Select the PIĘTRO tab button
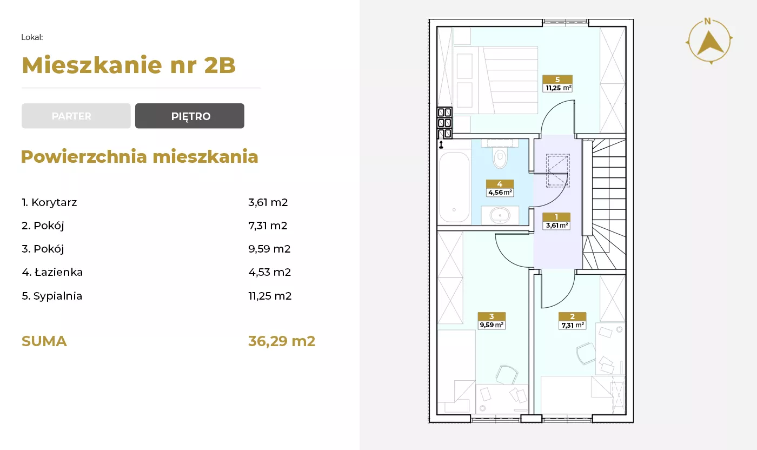pos(190,116)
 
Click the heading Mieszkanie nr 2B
pos(129,65)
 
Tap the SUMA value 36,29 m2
pos(282,341)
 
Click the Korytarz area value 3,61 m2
pos(268,202)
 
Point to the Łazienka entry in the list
pos(52,272)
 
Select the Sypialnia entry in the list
pos(52,296)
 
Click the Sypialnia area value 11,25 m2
pos(270,296)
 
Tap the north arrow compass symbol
pos(709,41)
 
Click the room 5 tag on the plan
pos(557,83)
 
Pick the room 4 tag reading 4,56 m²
pos(500,188)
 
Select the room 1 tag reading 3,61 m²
pos(556,221)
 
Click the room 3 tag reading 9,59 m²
pos(492,321)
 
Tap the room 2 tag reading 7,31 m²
pos(572,321)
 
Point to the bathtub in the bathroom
pos(454,187)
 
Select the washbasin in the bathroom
pos(500,215)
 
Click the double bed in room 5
pos(495,80)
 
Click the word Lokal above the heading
pos(32,37)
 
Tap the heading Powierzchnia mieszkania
pos(140,157)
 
